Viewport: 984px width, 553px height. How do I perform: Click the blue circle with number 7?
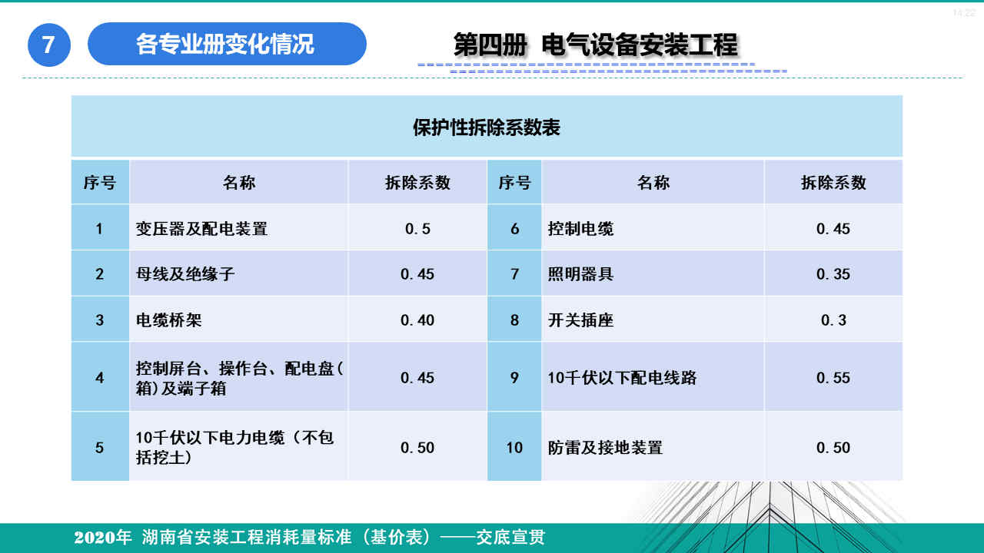(x=49, y=45)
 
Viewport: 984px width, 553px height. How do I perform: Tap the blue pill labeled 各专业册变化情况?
(x=226, y=44)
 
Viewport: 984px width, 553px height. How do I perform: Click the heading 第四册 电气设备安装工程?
(x=595, y=45)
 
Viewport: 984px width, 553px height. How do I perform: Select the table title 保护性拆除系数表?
(x=487, y=127)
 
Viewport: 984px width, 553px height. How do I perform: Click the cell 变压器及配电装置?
(x=201, y=228)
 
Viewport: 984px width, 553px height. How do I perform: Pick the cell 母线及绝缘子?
(x=185, y=274)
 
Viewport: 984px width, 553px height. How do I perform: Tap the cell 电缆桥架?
(x=168, y=320)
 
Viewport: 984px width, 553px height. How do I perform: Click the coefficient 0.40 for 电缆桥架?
(x=417, y=320)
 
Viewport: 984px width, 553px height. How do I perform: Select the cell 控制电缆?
(x=580, y=228)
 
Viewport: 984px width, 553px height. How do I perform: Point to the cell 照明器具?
(x=580, y=274)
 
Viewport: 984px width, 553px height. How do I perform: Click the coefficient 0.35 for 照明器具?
(x=833, y=274)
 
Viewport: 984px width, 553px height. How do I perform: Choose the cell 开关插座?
(x=580, y=320)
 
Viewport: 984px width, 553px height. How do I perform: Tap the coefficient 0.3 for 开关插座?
(x=833, y=320)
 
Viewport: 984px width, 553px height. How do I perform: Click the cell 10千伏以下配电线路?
(x=622, y=378)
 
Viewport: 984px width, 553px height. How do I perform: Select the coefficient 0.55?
(x=833, y=378)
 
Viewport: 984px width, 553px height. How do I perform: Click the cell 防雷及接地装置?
(x=605, y=447)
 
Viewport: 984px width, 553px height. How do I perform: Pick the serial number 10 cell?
(x=514, y=447)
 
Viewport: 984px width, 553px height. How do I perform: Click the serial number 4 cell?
(x=100, y=378)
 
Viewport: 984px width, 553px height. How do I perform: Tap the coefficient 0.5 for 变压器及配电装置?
(x=417, y=228)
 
